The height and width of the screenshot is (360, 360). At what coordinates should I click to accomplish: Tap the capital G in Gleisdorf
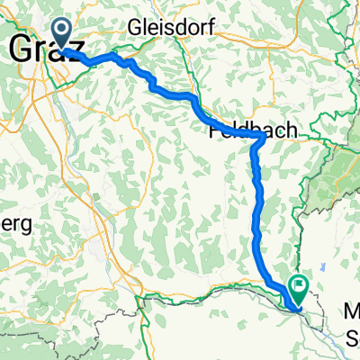coord(137,25)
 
